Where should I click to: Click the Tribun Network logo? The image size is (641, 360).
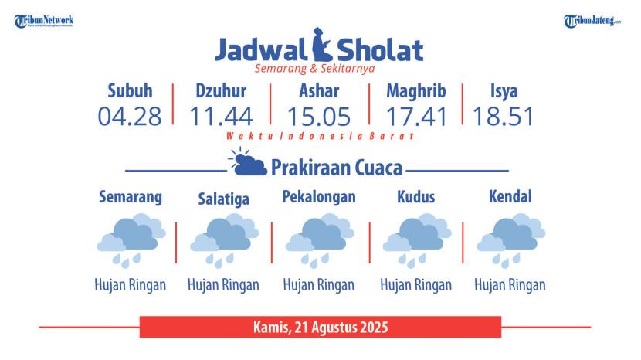click(44, 21)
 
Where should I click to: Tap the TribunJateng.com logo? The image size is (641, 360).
click(592, 21)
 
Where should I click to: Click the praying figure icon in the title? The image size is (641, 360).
click(322, 44)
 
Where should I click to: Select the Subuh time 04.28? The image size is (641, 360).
click(130, 117)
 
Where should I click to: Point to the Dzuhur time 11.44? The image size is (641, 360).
click(221, 117)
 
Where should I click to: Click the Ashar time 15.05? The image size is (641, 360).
click(319, 117)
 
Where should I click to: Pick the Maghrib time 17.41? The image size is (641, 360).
click(416, 117)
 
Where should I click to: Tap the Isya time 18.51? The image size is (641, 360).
click(504, 117)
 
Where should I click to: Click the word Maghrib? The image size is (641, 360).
click(416, 91)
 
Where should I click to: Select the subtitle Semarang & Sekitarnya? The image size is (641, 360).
click(315, 68)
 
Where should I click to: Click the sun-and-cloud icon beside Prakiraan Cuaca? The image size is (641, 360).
click(247, 162)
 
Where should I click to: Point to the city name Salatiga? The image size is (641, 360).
click(224, 199)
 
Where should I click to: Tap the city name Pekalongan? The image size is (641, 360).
click(319, 197)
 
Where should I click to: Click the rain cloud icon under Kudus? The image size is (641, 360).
click(416, 240)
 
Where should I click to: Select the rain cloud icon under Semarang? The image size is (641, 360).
click(131, 240)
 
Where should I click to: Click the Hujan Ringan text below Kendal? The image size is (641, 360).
click(510, 285)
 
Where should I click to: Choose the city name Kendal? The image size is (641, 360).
click(510, 196)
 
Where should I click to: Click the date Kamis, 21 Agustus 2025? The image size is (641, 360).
click(320, 328)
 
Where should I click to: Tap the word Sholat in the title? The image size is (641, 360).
click(380, 50)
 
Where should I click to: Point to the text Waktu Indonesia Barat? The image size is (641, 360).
click(320, 136)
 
